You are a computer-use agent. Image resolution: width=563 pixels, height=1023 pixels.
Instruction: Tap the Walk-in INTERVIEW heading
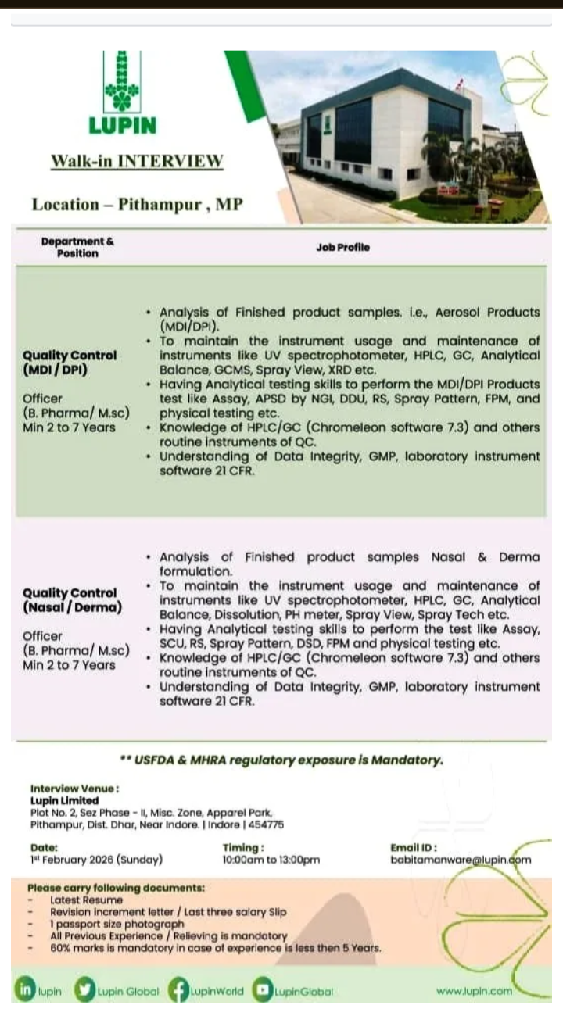(x=137, y=161)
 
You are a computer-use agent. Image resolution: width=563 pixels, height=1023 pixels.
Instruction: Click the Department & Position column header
(x=77, y=248)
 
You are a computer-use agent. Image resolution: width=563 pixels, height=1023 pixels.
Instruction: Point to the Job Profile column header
(x=342, y=248)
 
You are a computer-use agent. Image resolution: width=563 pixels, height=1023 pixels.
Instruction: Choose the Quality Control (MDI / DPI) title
(x=70, y=362)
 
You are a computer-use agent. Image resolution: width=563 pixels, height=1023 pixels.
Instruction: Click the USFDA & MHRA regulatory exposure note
(x=281, y=760)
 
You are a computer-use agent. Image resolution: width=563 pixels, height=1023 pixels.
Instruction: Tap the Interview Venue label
(x=75, y=789)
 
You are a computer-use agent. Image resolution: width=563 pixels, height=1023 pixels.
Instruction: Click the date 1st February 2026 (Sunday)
(x=96, y=860)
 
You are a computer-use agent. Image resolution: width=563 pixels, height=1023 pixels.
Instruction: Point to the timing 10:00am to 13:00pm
(x=271, y=860)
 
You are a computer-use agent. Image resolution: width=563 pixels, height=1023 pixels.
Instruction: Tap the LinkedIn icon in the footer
(x=25, y=991)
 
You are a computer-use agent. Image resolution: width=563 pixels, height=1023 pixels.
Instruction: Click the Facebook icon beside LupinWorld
(x=178, y=991)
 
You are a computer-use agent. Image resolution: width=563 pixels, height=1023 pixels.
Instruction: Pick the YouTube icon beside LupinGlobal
(x=262, y=991)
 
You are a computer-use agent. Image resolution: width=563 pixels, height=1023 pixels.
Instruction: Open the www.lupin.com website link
(x=474, y=991)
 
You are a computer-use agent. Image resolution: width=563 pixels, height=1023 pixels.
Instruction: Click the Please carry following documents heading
(x=116, y=889)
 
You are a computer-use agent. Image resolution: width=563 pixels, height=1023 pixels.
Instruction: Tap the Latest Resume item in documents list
(x=86, y=900)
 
